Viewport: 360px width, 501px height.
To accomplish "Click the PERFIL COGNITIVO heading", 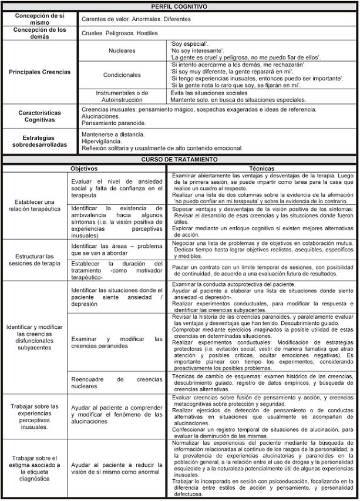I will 179,6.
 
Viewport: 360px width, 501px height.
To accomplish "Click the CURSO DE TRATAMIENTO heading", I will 179,159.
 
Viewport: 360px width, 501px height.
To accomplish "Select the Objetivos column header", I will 84,168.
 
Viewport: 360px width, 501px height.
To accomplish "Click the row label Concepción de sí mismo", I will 39,19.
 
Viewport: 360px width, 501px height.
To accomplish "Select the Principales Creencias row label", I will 39,72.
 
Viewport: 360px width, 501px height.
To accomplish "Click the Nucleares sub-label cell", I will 122,51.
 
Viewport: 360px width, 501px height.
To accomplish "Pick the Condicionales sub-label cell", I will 122,75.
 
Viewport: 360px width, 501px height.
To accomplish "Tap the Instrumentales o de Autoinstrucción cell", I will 122,97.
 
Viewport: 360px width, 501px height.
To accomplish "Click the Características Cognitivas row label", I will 39,116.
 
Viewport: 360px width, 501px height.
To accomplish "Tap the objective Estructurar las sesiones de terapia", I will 35,260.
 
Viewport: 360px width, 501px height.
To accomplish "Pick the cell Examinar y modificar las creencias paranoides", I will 116,342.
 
